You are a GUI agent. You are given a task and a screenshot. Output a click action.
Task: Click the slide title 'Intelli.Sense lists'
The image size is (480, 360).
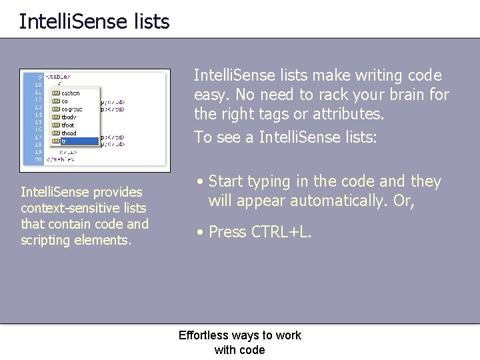tap(94, 21)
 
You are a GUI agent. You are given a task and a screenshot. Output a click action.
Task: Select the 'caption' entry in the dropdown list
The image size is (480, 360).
tap(69, 93)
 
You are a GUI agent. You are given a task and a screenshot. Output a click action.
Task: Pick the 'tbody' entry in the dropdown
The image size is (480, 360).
tap(68, 117)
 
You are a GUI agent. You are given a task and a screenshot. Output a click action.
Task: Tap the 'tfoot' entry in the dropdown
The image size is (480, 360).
tap(67, 125)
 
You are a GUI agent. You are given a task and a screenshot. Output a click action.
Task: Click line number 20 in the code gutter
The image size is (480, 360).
tap(37, 160)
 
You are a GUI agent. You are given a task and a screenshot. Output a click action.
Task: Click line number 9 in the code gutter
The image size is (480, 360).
tap(39, 77)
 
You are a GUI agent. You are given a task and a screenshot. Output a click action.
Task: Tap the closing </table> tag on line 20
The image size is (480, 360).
tap(60, 160)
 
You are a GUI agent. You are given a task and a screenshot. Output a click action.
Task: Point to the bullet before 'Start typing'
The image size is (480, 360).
tap(199, 181)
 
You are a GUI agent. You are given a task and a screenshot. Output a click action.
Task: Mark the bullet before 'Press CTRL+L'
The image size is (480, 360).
tap(199, 232)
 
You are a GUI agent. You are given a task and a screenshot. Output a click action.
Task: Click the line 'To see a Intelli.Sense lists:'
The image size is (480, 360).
tap(285, 137)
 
